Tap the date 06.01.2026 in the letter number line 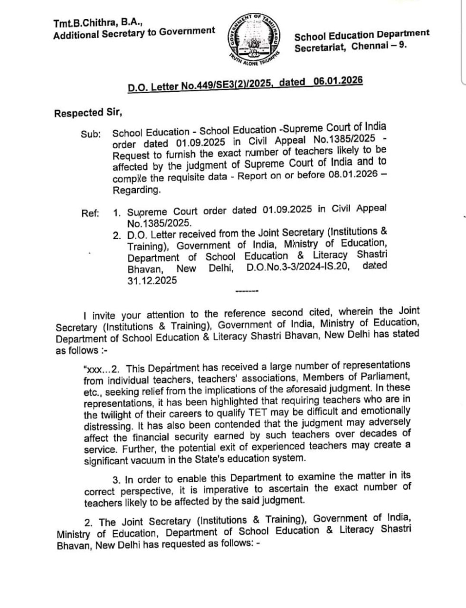(x=338, y=81)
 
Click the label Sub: (x=91, y=134)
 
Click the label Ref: (x=90, y=213)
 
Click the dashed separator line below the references (x=246, y=291)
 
